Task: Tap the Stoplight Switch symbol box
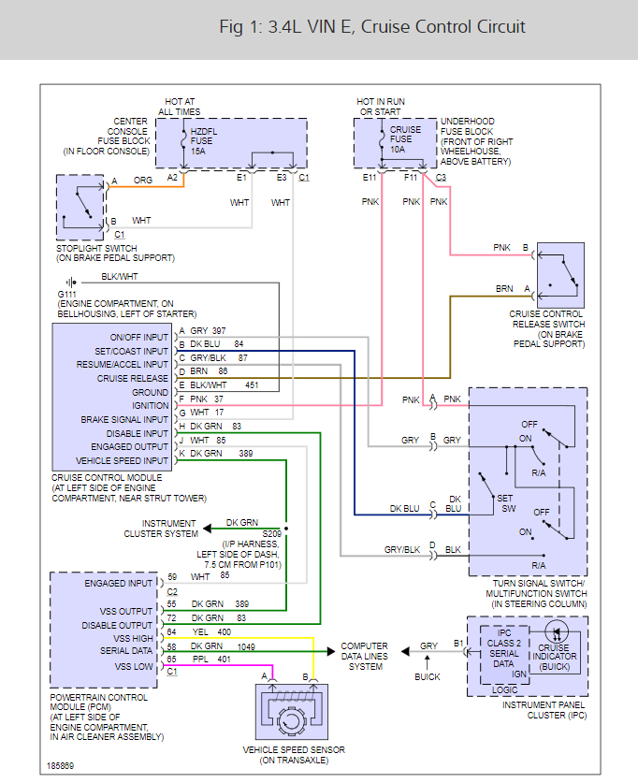coord(82,204)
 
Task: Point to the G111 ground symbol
coord(70,281)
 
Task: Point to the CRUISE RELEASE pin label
coord(133,378)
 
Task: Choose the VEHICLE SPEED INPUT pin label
coord(123,460)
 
